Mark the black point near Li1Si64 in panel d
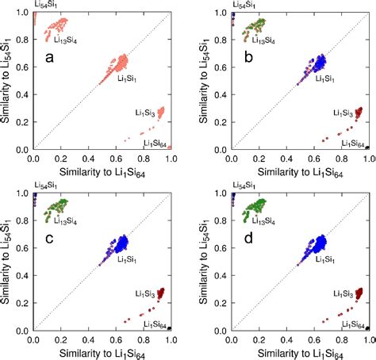tap(369, 328)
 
